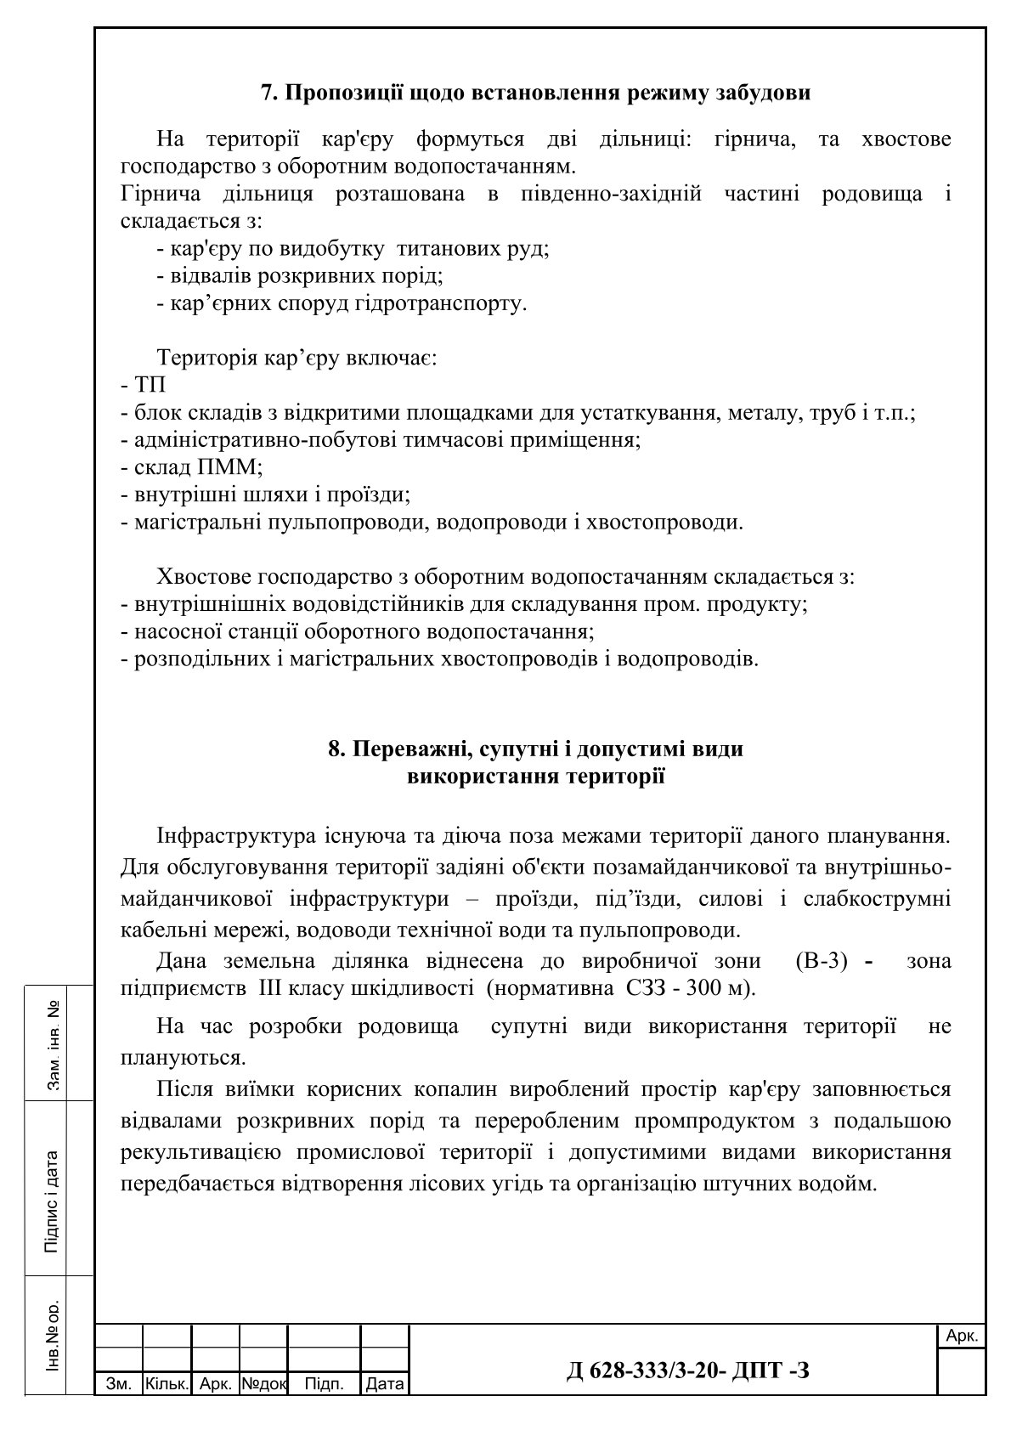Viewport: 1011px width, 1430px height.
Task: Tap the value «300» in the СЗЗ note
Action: click(702, 988)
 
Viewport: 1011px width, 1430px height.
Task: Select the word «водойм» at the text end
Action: click(842, 1183)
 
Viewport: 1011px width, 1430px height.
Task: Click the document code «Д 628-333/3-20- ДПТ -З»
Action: click(688, 1370)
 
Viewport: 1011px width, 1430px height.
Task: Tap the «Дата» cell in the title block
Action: click(384, 1384)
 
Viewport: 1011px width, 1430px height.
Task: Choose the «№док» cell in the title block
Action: click(264, 1384)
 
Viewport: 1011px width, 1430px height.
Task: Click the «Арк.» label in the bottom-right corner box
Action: click(962, 1337)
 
